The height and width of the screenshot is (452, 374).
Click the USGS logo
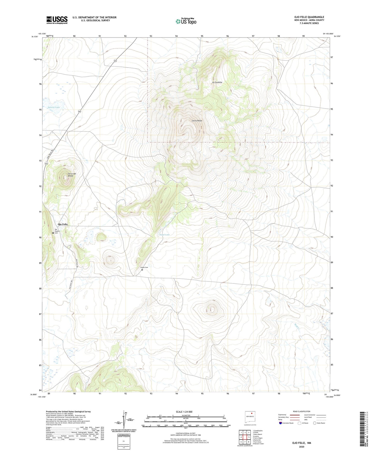click(x=57, y=20)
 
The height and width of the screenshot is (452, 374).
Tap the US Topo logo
click(x=186, y=21)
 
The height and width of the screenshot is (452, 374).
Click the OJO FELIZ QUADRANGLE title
click(x=309, y=17)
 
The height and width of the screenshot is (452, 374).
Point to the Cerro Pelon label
click(x=197, y=121)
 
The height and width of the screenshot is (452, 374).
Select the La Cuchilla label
click(x=217, y=82)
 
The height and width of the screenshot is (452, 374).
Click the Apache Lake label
click(x=54, y=107)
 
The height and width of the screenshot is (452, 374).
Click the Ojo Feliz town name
click(x=63, y=224)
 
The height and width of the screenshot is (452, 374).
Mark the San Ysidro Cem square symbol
click(x=53, y=233)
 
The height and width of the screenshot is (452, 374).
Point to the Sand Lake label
click(x=165, y=235)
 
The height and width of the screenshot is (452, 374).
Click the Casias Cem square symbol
click(x=142, y=270)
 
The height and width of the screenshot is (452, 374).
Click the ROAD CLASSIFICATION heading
click(x=302, y=411)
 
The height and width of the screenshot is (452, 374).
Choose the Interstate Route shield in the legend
click(x=281, y=423)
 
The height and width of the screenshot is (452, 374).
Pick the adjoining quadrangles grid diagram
click(x=245, y=438)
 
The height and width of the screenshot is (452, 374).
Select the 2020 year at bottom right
click(x=302, y=447)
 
